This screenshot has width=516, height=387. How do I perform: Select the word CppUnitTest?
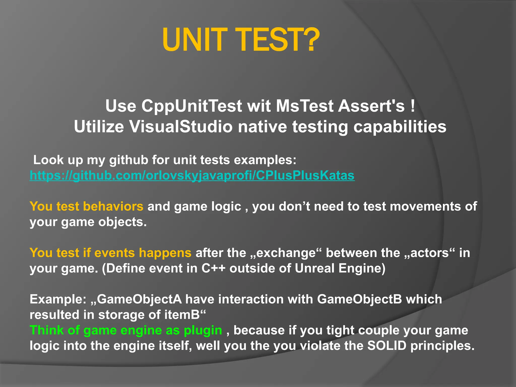point(191,106)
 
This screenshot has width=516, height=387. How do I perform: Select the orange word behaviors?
point(113,206)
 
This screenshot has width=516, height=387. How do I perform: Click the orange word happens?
point(165,253)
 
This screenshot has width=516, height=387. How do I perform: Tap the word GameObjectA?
point(139,299)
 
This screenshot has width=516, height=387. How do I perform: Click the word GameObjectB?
point(359,299)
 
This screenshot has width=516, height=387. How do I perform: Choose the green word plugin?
point(203,330)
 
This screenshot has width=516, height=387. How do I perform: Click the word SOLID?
point(387,346)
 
